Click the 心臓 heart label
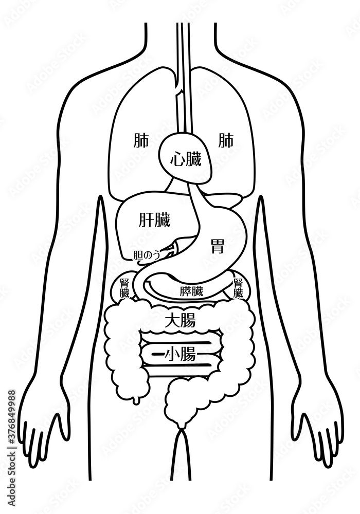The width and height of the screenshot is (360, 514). point(186,160)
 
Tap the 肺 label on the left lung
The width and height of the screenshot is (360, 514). point(141,141)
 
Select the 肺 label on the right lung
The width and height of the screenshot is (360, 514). point(226,141)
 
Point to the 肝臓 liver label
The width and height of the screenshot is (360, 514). point(155,220)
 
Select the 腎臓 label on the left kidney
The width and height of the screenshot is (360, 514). point(124,288)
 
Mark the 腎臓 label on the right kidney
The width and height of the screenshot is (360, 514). point(238,288)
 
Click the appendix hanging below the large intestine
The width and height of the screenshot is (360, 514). point(135,400)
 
